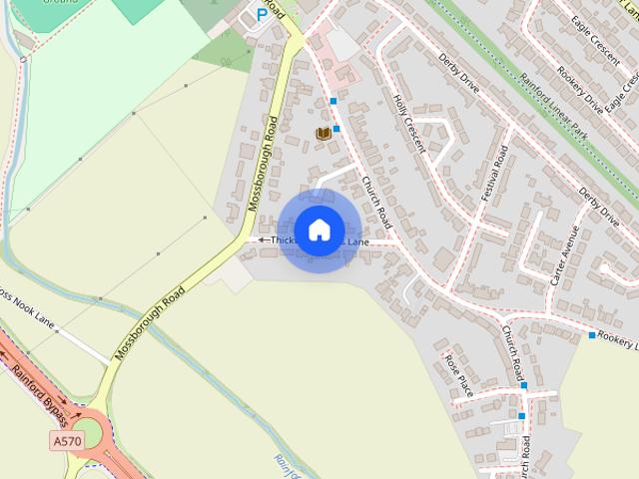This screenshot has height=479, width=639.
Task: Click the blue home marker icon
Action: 319,230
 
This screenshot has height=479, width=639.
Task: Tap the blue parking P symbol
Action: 263,14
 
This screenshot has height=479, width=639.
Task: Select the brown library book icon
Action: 322,133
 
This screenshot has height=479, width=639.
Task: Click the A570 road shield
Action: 65,439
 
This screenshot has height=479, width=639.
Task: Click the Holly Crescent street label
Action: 409,124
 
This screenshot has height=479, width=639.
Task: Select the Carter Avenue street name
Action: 564,255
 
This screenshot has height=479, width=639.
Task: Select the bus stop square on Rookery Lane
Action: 592,334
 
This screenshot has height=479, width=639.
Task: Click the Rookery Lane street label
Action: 619,341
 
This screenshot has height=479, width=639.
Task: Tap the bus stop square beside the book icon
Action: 337,129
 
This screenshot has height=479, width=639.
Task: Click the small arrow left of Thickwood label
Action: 262,239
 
